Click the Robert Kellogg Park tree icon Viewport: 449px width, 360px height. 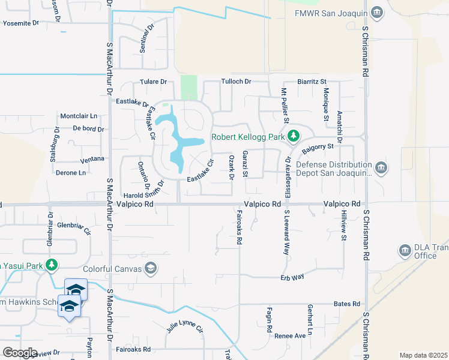[x=293, y=136]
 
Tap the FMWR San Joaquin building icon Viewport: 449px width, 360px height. [x=376, y=13]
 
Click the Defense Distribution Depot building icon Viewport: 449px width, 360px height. [x=381, y=166]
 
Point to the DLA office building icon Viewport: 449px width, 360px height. [x=404, y=250]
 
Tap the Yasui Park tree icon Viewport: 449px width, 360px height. [x=52, y=264]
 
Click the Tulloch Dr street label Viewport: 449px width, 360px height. [x=236, y=81]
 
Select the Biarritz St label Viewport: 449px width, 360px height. [x=312, y=81]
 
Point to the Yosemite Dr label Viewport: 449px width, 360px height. [x=21, y=23]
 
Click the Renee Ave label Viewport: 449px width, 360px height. [x=290, y=336]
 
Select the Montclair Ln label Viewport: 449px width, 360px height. [x=79, y=116]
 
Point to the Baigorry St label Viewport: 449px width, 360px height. [x=318, y=147]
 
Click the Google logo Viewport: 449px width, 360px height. [x=20, y=353]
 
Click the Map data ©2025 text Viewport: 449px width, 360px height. [x=423, y=355]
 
